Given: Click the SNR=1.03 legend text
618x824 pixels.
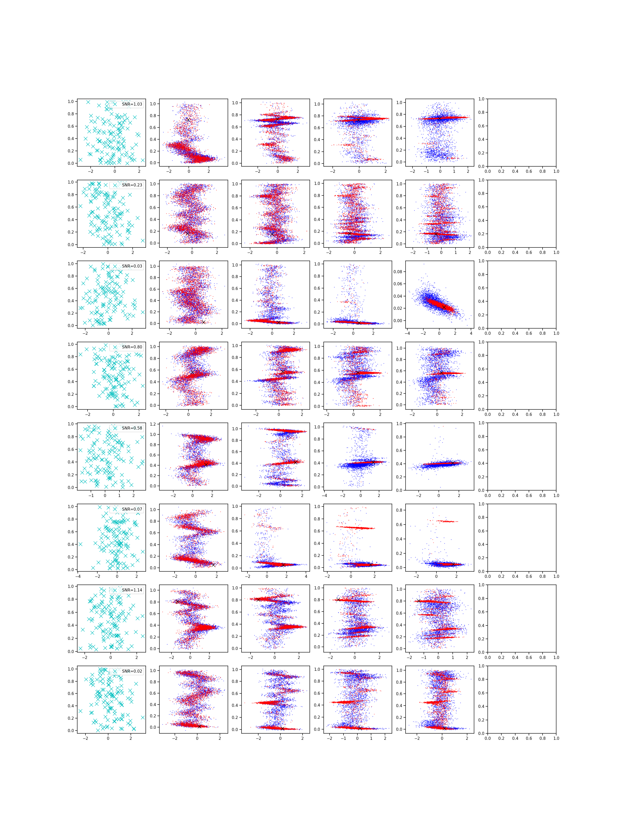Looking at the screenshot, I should pyautogui.click(x=132, y=104).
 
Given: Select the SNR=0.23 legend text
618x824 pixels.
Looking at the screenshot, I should pyautogui.click(x=132, y=185).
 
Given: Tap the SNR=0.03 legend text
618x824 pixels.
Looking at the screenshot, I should pyautogui.click(x=132, y=266).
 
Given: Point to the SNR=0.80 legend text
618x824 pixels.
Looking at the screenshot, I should pyautogui.click(x=132, y=347).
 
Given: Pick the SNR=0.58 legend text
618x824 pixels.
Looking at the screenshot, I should pyautogui.click(x=132, y=428).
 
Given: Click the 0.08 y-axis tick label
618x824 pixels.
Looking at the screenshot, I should pyautogui.click(x=398, y=272).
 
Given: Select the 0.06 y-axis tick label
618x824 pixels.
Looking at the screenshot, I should pyautogui.click(x=398, y=284).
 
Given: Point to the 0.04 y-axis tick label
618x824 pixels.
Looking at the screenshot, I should pyautogui.click(x=398, y=296).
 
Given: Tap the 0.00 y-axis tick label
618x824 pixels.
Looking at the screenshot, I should pyautogui.click(x=398, y=320).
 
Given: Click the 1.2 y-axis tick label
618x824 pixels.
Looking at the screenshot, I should pyautogui.click(x=153, y=424).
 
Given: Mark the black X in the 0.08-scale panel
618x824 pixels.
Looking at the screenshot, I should pyautogui.click(x=444, y=307).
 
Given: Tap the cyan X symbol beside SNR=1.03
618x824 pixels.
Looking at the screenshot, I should pyautogui.click(x=115, y=104).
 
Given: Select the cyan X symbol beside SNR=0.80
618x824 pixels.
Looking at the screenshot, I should pyautogui.click(x=115, y=347).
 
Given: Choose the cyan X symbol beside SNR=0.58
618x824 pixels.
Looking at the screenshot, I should pyautogui.click(x=115, y=428).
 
